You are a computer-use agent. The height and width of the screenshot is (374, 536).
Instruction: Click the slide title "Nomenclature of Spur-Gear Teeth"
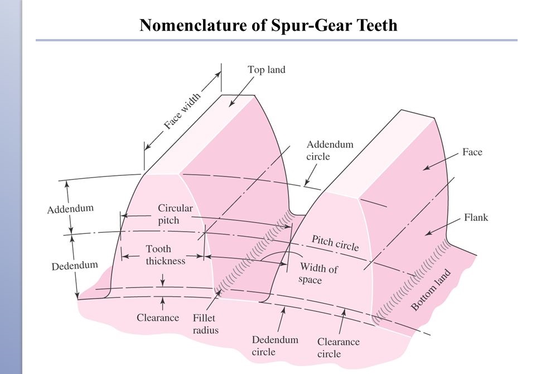point(268,25)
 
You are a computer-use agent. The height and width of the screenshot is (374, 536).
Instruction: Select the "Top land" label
point(267,70)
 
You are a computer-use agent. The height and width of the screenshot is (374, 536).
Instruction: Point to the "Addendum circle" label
point(330,151)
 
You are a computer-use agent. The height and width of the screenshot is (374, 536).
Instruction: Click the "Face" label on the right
point(472,152)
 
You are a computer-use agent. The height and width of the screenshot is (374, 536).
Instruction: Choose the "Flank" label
point(476,217)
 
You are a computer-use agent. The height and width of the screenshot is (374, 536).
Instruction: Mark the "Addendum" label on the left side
point(70,209)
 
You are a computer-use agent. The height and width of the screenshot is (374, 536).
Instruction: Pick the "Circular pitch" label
point(175,214)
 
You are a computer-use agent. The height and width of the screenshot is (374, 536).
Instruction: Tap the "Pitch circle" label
point(335,243)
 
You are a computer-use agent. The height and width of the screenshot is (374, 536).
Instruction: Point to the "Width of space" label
point(318,274)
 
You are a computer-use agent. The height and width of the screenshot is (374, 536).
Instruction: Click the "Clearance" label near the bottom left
point(158,318)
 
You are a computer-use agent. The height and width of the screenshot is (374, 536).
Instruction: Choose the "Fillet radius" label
point(206,324)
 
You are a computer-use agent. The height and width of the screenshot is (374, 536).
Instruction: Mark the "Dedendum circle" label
point(275,346)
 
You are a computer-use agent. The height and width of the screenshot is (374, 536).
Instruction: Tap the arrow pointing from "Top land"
point(240,92)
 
